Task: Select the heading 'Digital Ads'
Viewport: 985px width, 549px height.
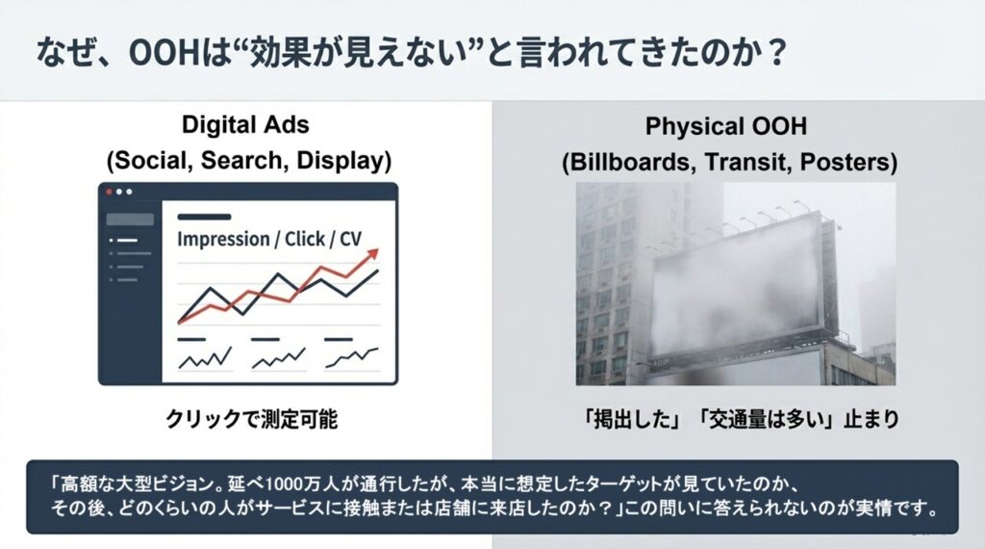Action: click(x=246, y=126)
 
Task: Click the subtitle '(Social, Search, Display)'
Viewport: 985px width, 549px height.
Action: click(x=246, y=161)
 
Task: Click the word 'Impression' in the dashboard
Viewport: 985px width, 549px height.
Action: click(x=224, y=240)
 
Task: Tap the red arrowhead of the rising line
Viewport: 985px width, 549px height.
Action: click(x=373, y=253)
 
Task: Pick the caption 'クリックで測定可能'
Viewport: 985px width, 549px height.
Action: click(x=246, y=421)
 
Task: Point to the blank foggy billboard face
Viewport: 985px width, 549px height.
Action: click(x=736, y=289)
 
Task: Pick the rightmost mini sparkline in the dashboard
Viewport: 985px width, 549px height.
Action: click(x=352, y=358)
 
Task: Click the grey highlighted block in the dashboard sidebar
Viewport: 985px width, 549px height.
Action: click(x=136, y=220)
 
